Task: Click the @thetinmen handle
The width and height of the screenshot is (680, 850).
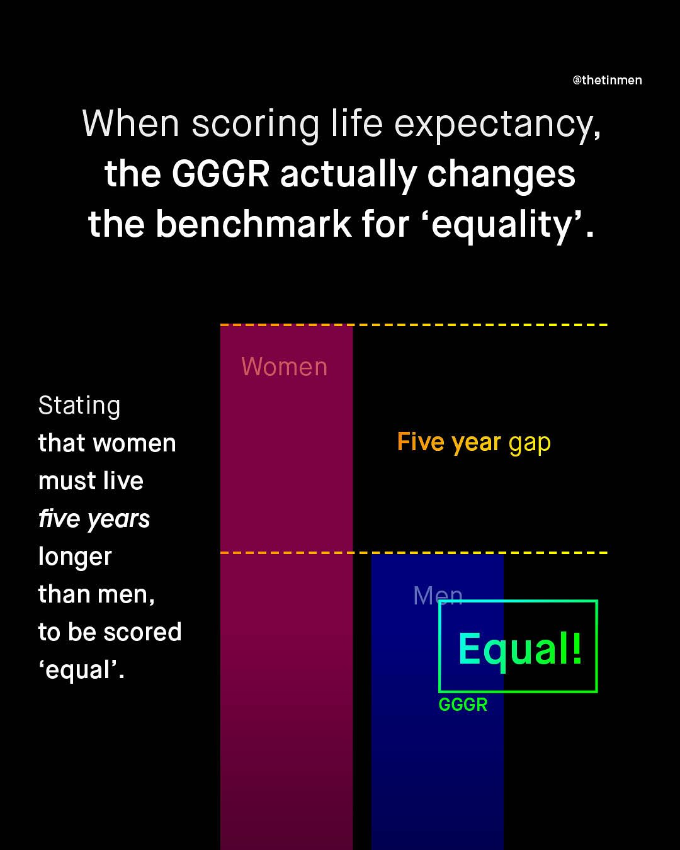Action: click(607, 80)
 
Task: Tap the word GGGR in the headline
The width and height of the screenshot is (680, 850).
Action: click(220, 174)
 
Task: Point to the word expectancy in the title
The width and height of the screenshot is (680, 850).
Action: click(497, 125)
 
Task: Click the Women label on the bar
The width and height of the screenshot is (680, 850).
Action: click(285, 366)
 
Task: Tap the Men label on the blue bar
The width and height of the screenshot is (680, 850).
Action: click(438, 596)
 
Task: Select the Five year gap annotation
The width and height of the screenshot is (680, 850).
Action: click(474, 442)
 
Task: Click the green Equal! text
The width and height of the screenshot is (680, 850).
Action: click(520, 649)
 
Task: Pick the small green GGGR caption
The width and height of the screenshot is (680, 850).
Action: click(463, 705)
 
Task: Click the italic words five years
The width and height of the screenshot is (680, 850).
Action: click(94, 519)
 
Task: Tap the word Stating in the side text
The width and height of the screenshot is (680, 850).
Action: click(79, 406)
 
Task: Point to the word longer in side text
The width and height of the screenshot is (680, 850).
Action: click(75, 557)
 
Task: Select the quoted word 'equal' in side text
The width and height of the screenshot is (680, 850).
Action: click(81, 670)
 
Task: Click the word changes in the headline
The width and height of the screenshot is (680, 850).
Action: click(501, 174)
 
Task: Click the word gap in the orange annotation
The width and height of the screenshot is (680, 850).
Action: click(530, 443)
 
